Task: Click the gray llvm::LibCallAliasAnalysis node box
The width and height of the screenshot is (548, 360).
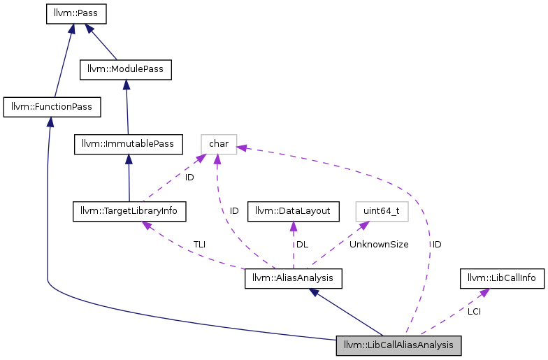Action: [398, 345]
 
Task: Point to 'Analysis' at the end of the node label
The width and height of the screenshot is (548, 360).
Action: [435, 345]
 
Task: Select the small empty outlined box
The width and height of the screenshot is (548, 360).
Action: [219, 145]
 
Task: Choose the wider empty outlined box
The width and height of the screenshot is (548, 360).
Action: [382, 212]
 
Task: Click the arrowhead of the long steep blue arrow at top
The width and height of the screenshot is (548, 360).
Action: [72, 27]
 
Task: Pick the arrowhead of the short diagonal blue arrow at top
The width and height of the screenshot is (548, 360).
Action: [89, 28]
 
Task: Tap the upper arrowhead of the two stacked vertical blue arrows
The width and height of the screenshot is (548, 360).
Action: [127, 85]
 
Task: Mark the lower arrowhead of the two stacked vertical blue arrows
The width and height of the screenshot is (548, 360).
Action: [129, 159]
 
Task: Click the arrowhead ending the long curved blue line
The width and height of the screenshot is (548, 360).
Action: [50, 122]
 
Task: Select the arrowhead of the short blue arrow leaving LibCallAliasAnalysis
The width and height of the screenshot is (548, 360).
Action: [314, 291]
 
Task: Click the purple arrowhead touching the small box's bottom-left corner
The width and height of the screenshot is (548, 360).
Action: [201, 158]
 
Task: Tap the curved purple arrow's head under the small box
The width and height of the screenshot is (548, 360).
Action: [217, 159]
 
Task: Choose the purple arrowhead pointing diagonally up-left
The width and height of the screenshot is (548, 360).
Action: [146, 225]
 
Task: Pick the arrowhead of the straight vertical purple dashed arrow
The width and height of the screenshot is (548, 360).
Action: [294, 225]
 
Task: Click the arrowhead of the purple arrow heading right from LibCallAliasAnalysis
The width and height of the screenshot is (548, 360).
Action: [484, 292]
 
